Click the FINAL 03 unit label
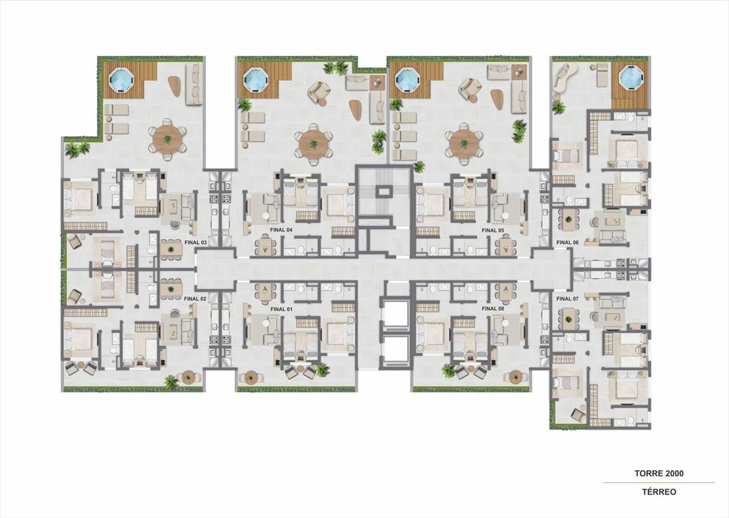[x=195, y=242]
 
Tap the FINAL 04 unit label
[x=281, y=230]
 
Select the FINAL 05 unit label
[x=493, y=230]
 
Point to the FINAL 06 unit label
[x=567, y=242]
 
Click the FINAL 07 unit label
[x=567, y=299]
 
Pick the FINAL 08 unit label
[x=493, y=308]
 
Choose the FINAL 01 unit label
[x=281, y=309]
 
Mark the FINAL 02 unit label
[x=195, y=299]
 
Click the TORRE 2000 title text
[x=659, y=473]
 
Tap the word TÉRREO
[x=659, y=492]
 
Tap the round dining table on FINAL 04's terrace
[x=313, y=144]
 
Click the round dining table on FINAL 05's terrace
[x=464, y=143]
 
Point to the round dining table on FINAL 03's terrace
[x=167, y=139]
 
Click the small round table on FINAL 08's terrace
[x=516, y=377]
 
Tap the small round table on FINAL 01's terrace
[x=252, y=377]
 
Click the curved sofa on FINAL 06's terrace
[x=564, y=77]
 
